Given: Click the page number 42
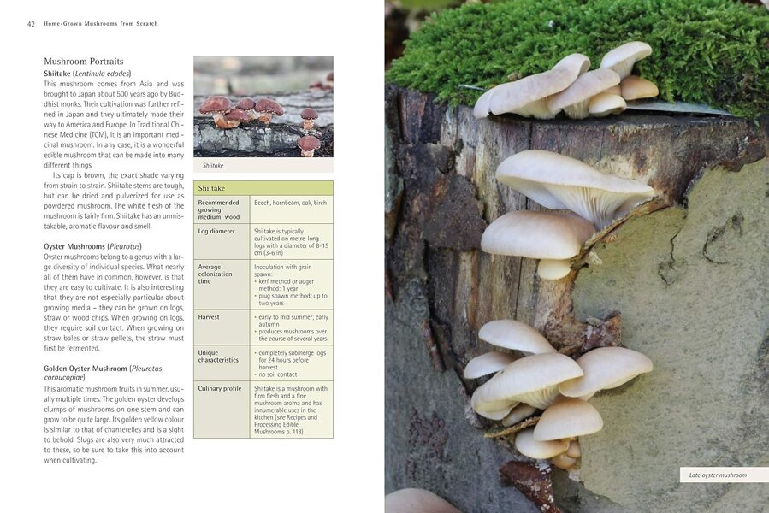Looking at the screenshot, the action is (31, 24).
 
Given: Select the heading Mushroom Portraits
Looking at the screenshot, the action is (83, 62).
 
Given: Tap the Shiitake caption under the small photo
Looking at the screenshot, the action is (213, 165).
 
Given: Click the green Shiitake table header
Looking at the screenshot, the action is (263, 188).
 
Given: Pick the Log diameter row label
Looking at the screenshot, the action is (216, 231).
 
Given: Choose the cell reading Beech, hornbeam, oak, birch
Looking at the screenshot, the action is (290, 203).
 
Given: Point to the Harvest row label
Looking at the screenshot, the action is (209, 317).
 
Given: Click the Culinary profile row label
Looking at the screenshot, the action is (220, 388).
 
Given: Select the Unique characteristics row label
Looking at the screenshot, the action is (218, 356).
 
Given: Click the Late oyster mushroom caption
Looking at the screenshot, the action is (718, 475).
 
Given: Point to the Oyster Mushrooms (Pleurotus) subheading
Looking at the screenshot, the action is (92, 246).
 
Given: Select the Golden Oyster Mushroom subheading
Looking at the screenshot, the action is (103, 373).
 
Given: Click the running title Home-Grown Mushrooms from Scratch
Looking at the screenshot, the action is (101, 24).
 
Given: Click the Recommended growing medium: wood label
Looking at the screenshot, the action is (219, 209).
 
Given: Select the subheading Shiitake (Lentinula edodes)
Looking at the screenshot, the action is (87, 74).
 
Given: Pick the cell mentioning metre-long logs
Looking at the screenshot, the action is (292, 242).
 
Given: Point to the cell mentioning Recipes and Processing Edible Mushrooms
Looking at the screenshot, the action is (291, 410).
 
